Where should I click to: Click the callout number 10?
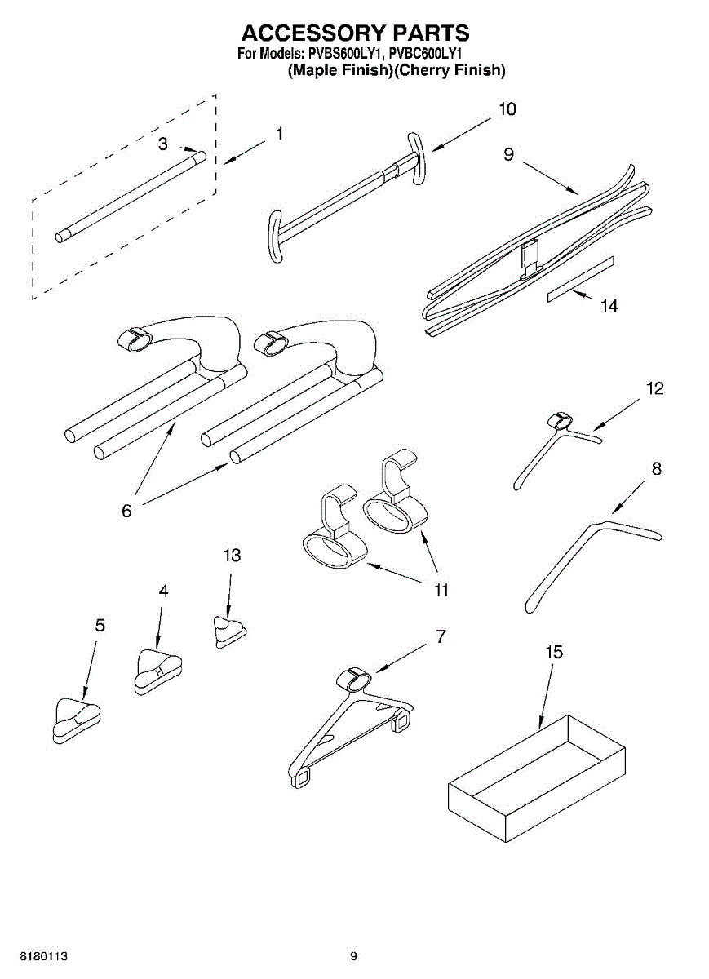pyautogui.click(x=507, y=109)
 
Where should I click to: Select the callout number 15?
pyautogui.click(x=554, y=653)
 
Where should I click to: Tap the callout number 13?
pyautogui.click(x=232, y=556)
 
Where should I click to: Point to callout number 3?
pyautogui.click(x=162, y=144)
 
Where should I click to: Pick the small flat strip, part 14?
pyautogui.click(x=580, y=279)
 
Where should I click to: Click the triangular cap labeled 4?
pyautogui.click(x=157, y=670)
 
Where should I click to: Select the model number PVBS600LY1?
pyautogui.click(x=346, y=54)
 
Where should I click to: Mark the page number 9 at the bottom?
pyautogui.click(x=354, y=956)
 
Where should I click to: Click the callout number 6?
pyautogui.click(x=126, y=511)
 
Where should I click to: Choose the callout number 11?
pyautogui.click(x=441, y=590)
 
